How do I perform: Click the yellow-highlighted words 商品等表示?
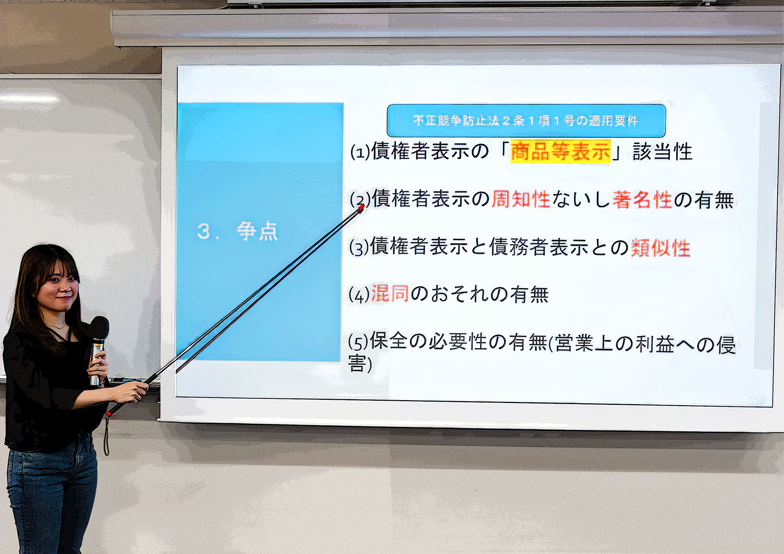pyautogui.click(x=561, y=152)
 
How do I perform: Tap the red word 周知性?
pyautogui.click(x=521, y=199)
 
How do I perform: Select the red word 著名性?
pyautogui.click(x=642, y=200)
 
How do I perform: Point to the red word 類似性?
pyautogui.click(x=661, y=248)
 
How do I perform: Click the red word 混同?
pyautogui.click(x=390, y=294)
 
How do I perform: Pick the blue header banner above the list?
pyautogui.click(x=526, y=121)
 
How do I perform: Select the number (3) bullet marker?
pyautogui.click(x=359, y=248)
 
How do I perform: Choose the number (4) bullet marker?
pyautogui.click(x=359, y=295)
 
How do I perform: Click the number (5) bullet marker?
pyautogui.click(x=358, y=343)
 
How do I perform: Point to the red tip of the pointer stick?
pyautogui.click(x=362, y=208)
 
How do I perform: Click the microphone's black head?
pyautogui.click(x=99, y=328)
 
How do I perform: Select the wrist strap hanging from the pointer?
pyautogui.click(x=107, y=434)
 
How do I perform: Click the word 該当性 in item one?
pyautogui.click(x=662, y=152)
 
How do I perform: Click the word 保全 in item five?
pyautogui.click(x=389, y=341)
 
